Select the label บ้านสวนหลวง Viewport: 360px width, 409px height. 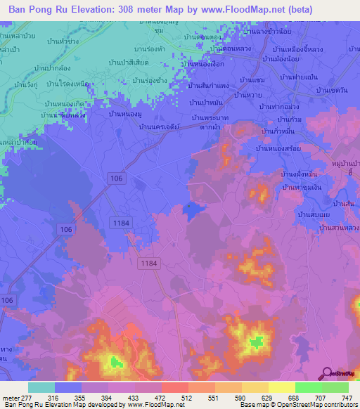340,228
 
